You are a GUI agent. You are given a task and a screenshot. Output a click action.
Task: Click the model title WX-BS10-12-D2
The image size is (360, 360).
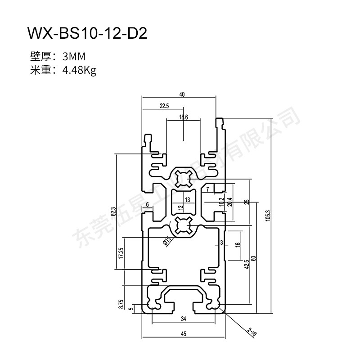[87, 33]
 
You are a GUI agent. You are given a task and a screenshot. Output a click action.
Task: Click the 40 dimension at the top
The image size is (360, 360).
[182, 94]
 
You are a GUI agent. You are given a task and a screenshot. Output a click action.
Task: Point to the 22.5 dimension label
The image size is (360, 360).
[164, 106]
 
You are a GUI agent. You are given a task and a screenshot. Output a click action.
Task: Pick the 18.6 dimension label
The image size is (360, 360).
[183, 117]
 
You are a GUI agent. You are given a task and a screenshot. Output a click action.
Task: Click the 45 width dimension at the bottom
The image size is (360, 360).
[183, 334]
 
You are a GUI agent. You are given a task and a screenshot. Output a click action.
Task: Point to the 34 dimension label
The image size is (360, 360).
[183, 319]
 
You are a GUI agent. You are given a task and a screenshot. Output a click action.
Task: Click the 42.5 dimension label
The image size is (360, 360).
[247, 264]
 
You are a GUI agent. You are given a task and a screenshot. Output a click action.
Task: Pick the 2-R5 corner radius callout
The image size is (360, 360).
[252, 333]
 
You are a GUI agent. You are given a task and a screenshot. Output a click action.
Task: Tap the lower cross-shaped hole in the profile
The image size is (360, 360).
[184, 225]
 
